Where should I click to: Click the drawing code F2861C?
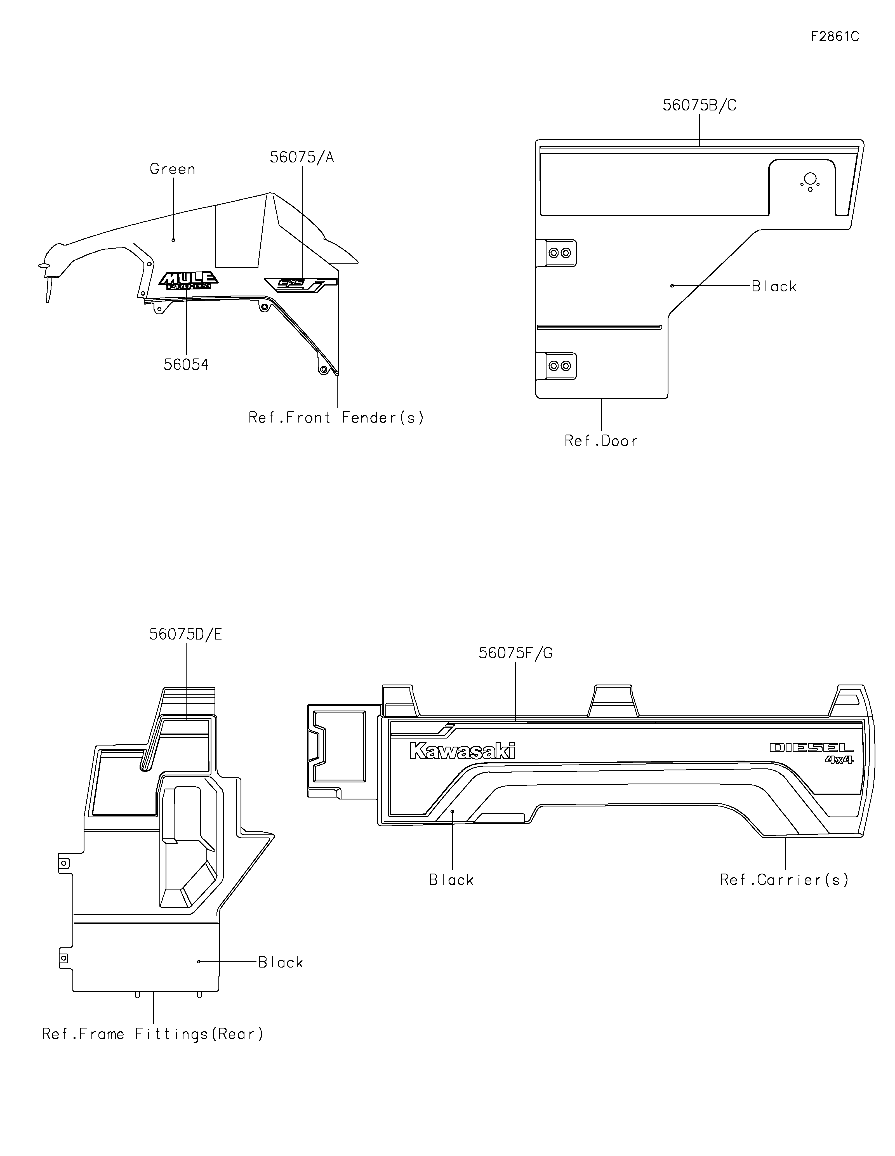[835, 37]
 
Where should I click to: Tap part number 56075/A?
[302, 157]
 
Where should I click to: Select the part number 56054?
[186, 365]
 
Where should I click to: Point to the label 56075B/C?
[699, 105]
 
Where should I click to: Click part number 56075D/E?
[185, 634]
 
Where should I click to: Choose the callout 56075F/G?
[515, 653]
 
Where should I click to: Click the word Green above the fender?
[173, 169]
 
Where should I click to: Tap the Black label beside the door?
[774, 286]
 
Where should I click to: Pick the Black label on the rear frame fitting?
[281, 962]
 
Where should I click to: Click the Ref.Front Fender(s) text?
[336, 417]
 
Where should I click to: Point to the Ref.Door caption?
[601, 441]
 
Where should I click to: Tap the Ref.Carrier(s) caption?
[784, 880]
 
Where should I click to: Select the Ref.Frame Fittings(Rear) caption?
[152, 1034]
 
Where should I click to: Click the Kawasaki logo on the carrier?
[461, 751]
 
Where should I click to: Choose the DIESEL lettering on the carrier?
[811, 747]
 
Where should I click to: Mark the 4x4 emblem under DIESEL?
[839, 759]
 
